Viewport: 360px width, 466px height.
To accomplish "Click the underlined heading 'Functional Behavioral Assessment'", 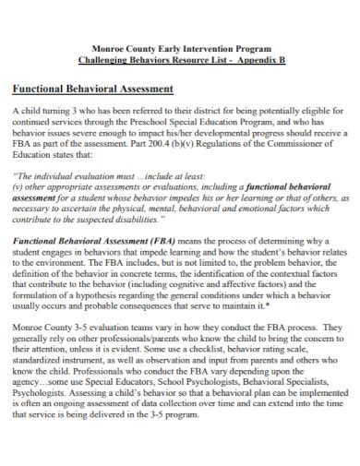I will (x=92, y=90).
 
